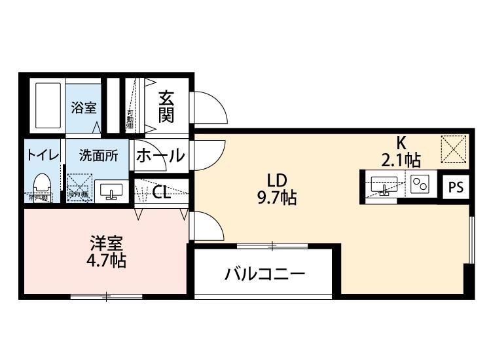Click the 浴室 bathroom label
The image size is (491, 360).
(84, 108)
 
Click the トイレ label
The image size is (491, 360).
(43, 156)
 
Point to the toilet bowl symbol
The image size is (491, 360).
(42, 183)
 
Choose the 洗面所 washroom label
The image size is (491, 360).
(98, 156)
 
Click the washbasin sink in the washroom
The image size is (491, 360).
(110, 191)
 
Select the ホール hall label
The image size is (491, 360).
(160, 156)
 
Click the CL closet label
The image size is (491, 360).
(162, 192)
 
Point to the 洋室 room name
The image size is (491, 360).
(106, 244)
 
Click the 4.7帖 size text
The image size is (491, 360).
(107, 261)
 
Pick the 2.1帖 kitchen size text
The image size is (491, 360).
(401, 159)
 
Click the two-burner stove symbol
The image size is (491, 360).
(420, 185)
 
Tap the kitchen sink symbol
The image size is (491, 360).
(382, 185)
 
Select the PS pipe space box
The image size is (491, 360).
(456, 187)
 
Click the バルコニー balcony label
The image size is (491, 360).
(265, 274)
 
